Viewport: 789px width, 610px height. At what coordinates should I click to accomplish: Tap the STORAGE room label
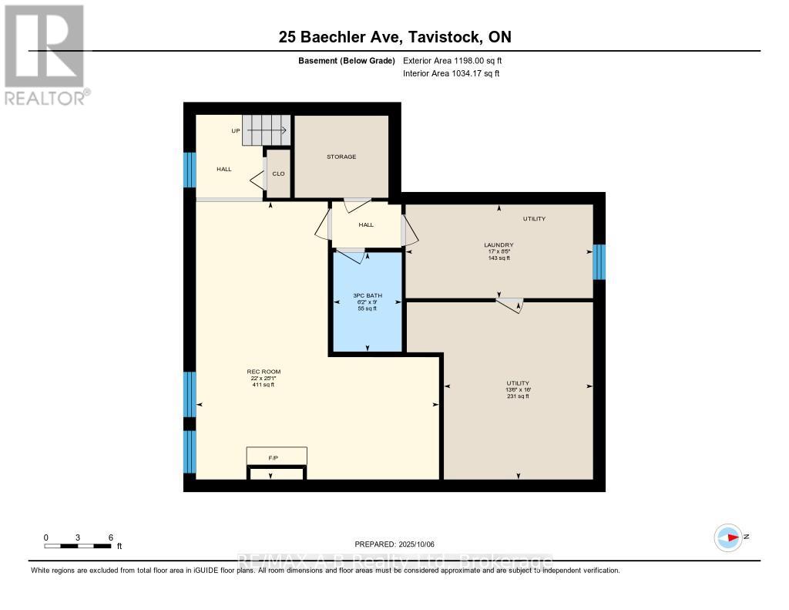pos(341,157)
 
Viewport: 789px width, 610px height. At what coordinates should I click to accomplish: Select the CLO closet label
pos(278,174)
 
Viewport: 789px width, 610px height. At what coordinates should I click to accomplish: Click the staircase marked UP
pos(267,130)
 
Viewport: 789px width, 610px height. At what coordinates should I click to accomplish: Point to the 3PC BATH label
pos(367,295)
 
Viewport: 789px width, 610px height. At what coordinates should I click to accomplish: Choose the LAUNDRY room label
pos(499,245)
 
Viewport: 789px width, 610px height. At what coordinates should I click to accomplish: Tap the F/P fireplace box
pos(276,457)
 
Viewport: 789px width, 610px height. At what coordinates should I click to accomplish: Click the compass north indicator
pos(728,537)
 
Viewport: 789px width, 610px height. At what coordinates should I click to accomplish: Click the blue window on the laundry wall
pos(599,262)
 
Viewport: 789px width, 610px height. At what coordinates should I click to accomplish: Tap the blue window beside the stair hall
pos(189,170)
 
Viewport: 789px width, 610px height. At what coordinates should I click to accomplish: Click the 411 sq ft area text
pos(263,385)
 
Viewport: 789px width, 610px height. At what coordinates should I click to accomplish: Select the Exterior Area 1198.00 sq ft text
pos(452,60)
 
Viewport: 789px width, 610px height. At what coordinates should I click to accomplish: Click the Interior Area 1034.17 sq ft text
pos(451,73)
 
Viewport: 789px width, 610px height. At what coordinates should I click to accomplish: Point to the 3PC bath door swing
pos(351,256)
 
